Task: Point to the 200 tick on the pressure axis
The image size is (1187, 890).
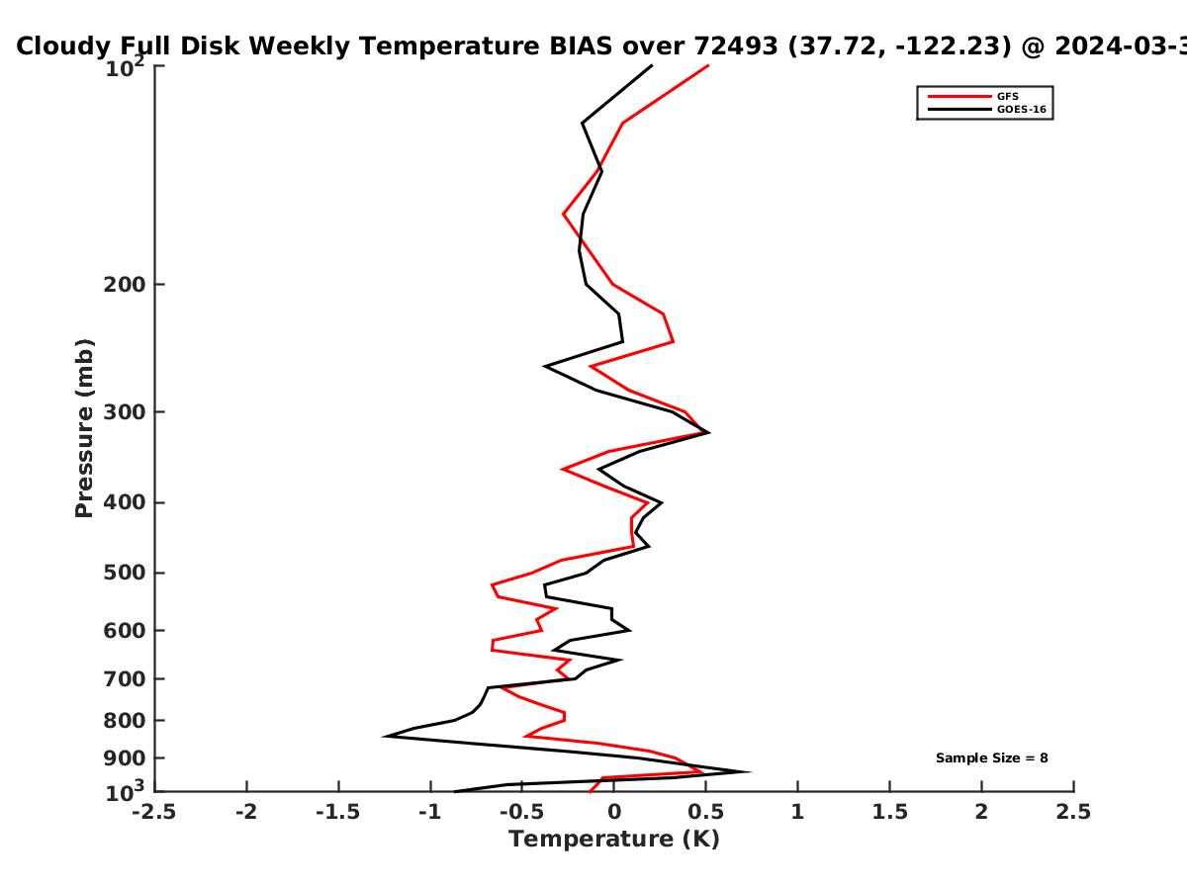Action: (125, 284)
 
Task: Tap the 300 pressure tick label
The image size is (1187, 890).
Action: (125, 412)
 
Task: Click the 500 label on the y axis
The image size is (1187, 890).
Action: (125, 573)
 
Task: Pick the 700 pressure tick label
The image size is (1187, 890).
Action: (125, 678)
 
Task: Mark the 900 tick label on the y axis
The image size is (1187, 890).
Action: (125, 758)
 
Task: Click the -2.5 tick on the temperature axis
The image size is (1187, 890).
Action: (154, 812)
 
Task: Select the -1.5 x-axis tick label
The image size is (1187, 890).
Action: (338, 812)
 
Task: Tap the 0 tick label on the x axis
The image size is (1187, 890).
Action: (614, 812)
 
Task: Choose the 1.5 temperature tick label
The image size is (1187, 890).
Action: (889, 812)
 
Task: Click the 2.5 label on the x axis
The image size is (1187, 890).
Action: (1073, 812)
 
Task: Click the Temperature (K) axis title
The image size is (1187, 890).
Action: (614, 840)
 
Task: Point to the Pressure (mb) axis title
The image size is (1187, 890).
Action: (84, 428)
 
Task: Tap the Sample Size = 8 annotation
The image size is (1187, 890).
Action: (992, 758)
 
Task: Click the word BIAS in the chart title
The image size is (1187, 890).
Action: (581, 46)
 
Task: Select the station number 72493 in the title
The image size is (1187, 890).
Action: (736, 46)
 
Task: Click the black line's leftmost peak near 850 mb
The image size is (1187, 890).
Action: (385, 736)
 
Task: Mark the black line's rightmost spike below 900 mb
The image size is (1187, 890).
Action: (749, 771)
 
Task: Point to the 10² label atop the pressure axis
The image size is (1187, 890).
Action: (125, 67)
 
